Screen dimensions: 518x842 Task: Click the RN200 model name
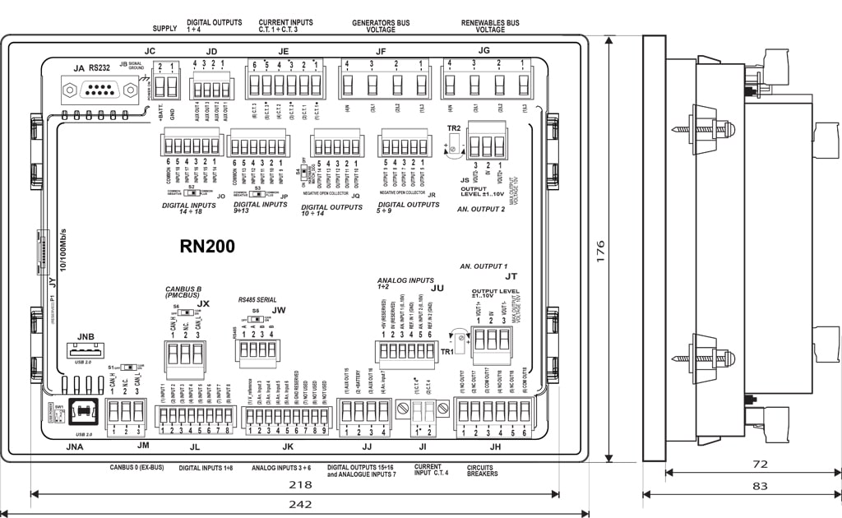coord(207,246)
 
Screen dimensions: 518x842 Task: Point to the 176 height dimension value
coord(599,247)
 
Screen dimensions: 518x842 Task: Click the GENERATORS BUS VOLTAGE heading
coord(381,26)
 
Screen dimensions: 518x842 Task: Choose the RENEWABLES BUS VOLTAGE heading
coord(490,26)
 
